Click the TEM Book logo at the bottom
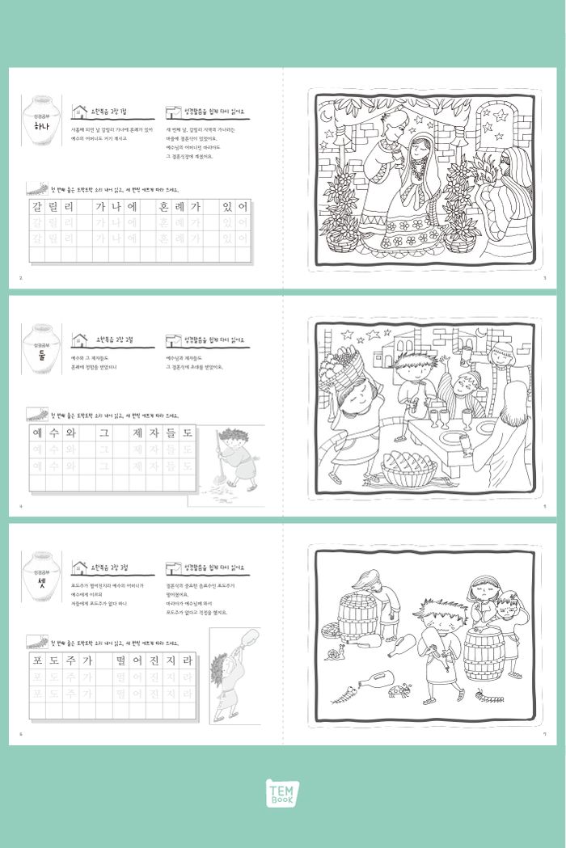tap(283, 792)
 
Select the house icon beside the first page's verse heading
tap(79, 112)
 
